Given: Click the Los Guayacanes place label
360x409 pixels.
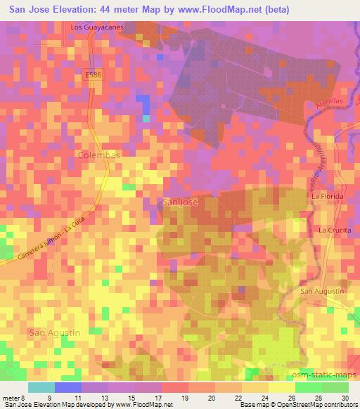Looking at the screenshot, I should tap(97, 27).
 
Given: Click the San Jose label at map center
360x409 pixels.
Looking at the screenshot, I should tap(181, 202).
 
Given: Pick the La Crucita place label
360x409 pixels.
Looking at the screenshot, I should tap(335, 230).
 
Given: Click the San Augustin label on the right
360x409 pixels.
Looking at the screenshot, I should tap(321, 291).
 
